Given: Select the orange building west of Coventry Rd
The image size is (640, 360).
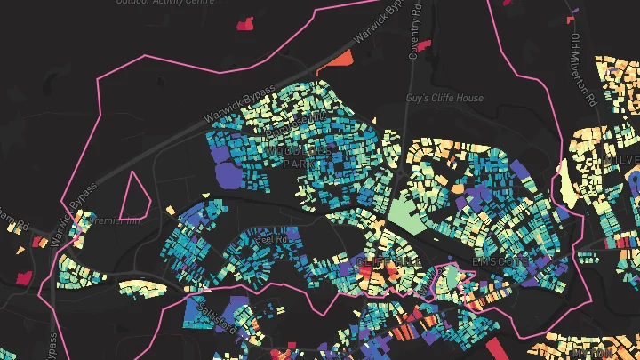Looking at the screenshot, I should pos(340,60).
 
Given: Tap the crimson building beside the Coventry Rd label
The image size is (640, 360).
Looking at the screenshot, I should pos(424,44).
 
